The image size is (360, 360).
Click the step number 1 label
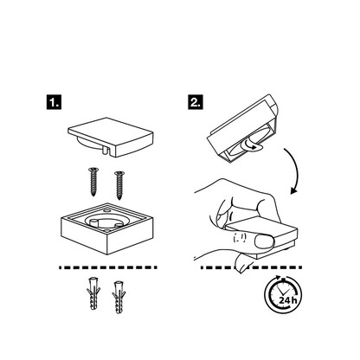pyautogui.click(x=54, y=102)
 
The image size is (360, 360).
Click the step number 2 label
pyautogui.click(x=196, y=102)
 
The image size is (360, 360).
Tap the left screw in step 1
pyautogui.click(x=93, y=182)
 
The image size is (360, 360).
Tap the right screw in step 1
pyautogui.click(x=119, y=185)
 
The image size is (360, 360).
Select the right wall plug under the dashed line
pyautogui.click(x=119, y=297)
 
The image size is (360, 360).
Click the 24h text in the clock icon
pyautogui.click(x=287, y=300)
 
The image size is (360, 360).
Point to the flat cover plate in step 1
pyautogui.click(x=110, y=137)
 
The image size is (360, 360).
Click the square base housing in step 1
pyautogui.click(x=107, y=228)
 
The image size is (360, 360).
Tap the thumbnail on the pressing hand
pyautogui.click(x=264, y=241)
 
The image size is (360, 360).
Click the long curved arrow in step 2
pyautogui.click(x=293, y=170)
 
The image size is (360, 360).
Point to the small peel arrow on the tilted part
pyautogui.click(x=248, y=145)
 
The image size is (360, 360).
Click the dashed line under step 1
pyautogui.click(x=108, y=267)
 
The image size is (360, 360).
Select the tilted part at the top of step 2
pyautogui.click(x=242, y=128)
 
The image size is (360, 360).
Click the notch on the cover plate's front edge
pyautogui.click(x=106, y=150)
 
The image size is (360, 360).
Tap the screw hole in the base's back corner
pyautogui.click(x=106, y=211)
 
